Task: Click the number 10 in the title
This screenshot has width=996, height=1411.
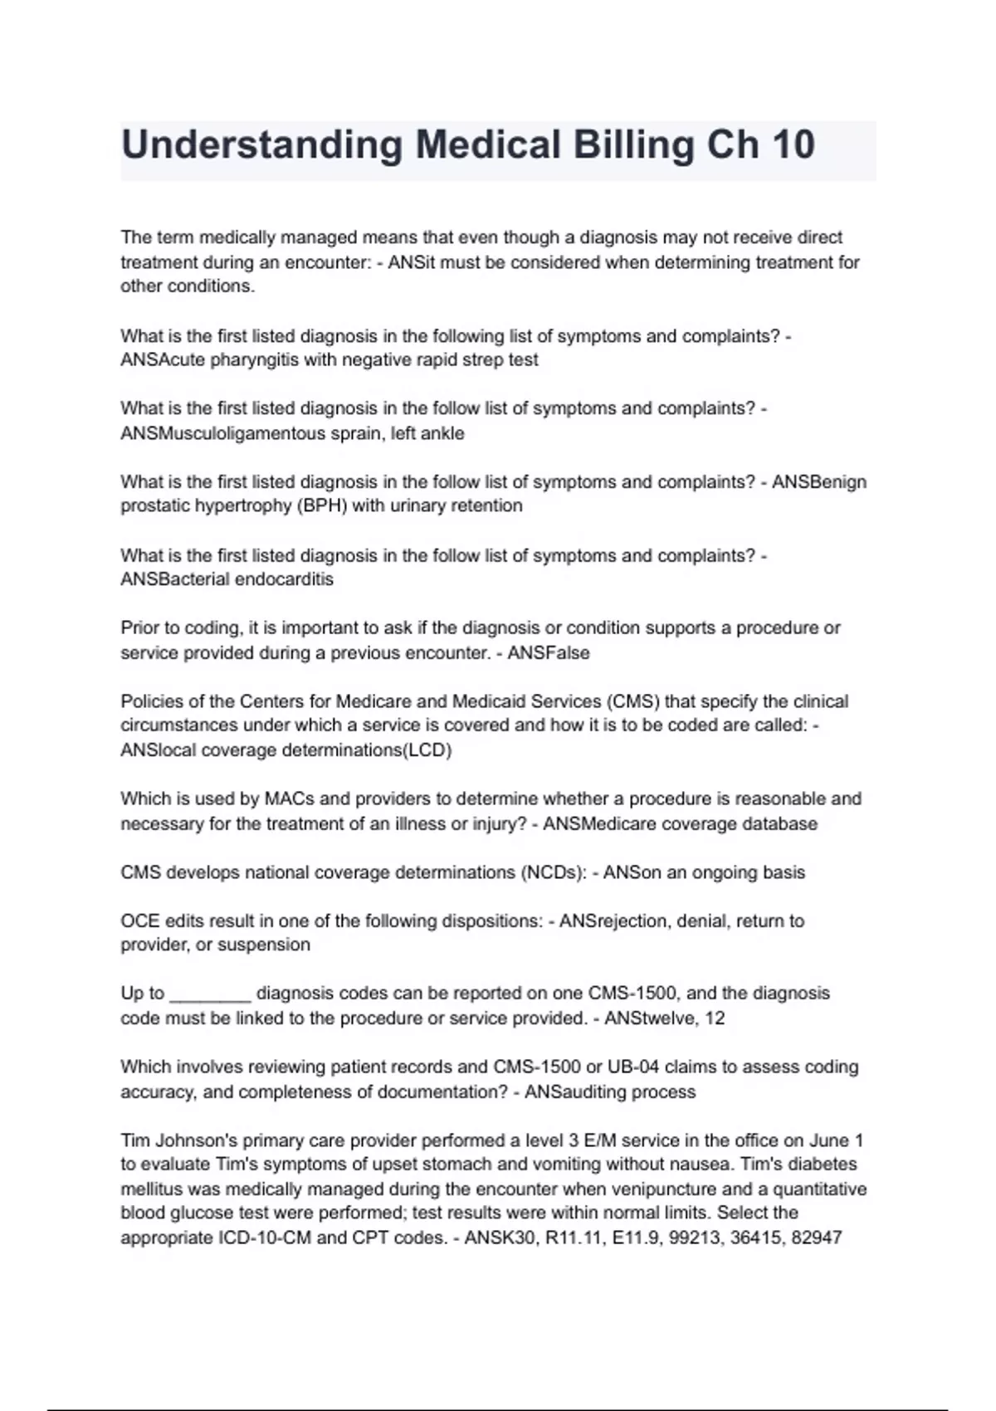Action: point(792,145)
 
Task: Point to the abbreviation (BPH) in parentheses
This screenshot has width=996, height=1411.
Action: point(321,505)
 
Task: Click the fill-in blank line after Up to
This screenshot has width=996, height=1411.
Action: point(210,994)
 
